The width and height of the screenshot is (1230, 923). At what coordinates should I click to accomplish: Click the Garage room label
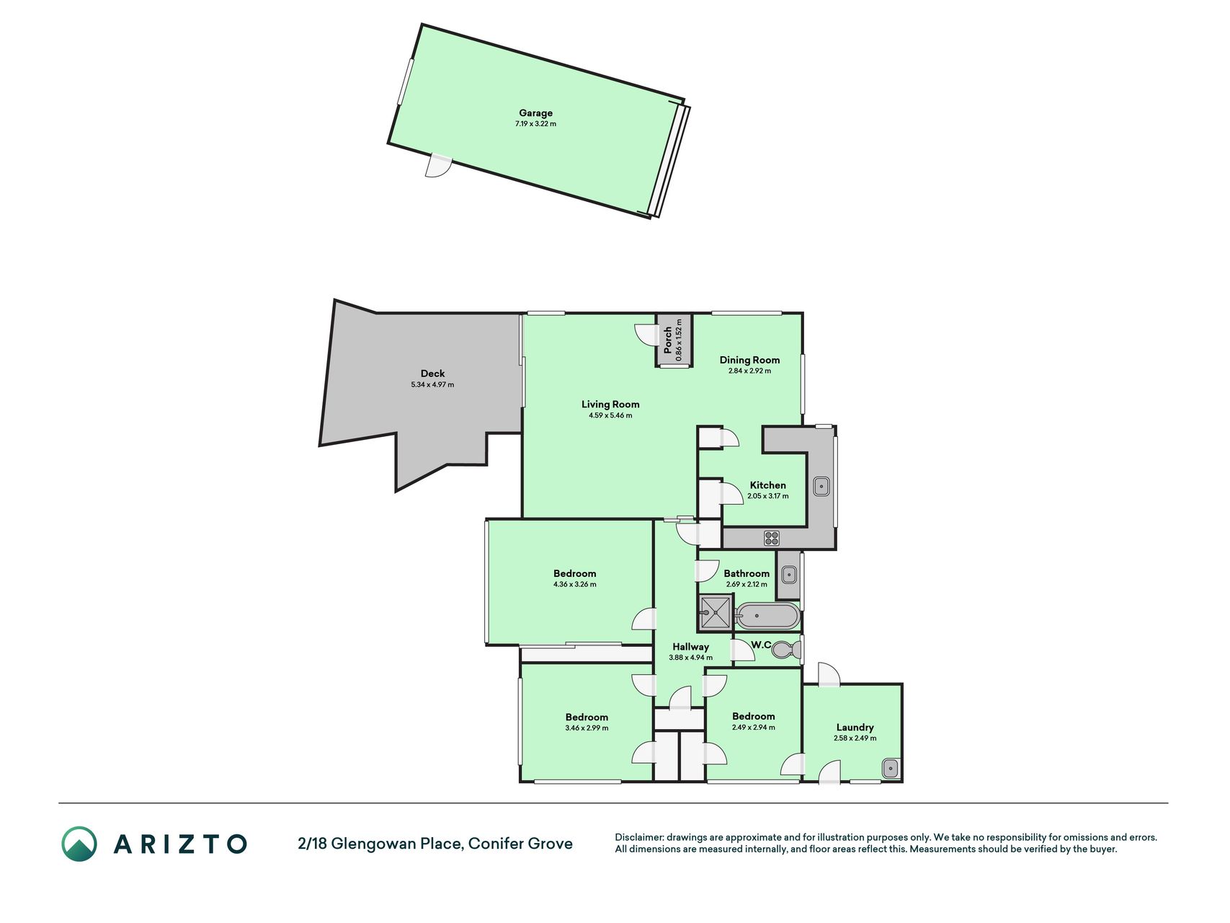pyautogui.click(x=535, y=113)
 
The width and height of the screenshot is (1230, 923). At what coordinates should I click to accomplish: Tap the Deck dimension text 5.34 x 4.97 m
pyautogui.click(x=432, y=385)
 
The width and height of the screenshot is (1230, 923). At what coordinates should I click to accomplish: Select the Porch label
pyautogui.click(x=668, y=340)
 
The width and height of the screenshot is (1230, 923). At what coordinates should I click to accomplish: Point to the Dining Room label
pyautogui.click(x=749, y=360)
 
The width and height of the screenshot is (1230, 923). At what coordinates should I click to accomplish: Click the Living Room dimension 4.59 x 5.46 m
pyautogui.click(x=610, y=415)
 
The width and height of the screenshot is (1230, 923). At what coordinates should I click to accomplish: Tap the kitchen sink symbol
pyautogui.click(x=821, y=487)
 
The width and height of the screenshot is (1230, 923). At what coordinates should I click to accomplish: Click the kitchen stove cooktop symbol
pyautogui.click(x=772, y=537)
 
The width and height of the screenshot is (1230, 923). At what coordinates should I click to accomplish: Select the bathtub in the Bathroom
pyautogui.click(x=767, y=617)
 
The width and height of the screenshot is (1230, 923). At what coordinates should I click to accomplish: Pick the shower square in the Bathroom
pyautogui.click(x=716, y=614)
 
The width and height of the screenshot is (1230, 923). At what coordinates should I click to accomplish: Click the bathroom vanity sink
pyautogui.click(x=789, y=575)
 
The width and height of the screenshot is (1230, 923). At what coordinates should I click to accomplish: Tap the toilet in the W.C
pyautogui.click(x=786, y=650)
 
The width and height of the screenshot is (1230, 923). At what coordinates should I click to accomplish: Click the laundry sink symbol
pyautogui.click(x=891, y=769)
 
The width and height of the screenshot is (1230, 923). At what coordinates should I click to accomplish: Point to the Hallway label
pyautogui.click(x=690, y=647)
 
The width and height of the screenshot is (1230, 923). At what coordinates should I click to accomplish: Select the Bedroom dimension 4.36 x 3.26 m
pyautogui.click(x=575, y=585)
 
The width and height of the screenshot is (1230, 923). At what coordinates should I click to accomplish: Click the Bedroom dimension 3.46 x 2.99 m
pyautogui.click(x=587, y=728)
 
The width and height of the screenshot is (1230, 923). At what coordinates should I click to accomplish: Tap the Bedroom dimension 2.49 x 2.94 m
pyautogui.click(x=754, y=728)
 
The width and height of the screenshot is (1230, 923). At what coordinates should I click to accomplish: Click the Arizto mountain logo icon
pyautogui.click(x=79, y=844)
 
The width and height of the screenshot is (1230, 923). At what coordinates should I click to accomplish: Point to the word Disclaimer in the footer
pyautogui.click(x=638, y=838)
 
